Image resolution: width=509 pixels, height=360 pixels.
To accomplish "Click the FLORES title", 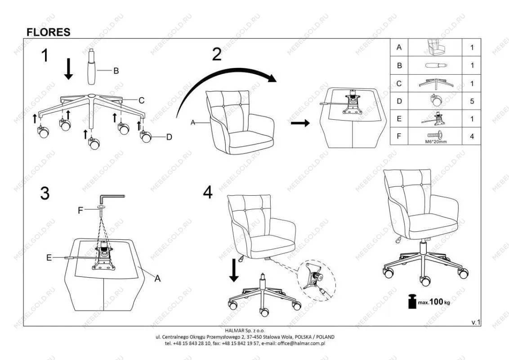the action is coord(49,32).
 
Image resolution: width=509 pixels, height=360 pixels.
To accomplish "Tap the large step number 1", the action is coord(45,55).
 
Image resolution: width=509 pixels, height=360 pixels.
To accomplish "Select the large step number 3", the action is coord(45,193).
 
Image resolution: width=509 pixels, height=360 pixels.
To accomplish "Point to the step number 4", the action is coord(208,192).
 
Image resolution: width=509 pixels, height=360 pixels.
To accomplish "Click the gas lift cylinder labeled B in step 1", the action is coord(92,67).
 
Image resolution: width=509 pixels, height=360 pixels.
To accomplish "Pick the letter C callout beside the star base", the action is coord(141,100).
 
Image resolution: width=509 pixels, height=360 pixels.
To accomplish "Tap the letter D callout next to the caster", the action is coord(169,137).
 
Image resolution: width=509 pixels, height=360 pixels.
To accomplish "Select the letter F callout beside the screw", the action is coord(80,211).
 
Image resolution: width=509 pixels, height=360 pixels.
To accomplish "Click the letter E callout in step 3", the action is coord(49,258).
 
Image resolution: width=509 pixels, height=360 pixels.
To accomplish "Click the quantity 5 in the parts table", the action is coord(472,101).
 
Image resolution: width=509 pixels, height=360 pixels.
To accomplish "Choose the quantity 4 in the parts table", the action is coord(472,136).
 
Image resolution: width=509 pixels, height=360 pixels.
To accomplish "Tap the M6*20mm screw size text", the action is coord(436,142).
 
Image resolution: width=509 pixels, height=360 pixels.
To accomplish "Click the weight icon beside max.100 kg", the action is coord(412,301).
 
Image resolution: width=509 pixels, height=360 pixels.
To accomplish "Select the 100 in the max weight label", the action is coord(436,301).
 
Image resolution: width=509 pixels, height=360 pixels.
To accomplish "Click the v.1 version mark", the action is coord(476,322).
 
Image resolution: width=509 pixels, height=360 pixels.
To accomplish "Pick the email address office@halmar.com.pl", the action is coord(302,343).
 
